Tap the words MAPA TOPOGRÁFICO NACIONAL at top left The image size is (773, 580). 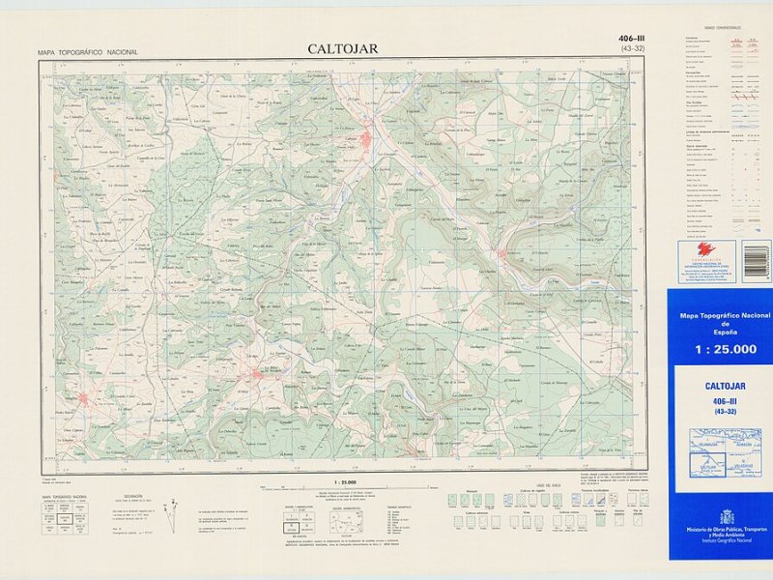[x=87, y=52]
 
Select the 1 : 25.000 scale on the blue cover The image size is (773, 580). [x=719, y=350]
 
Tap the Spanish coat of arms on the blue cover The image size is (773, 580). [x=727, y=516]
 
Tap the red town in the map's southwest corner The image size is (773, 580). [x=85, y=398]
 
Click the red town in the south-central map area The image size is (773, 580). [x=257, y=373]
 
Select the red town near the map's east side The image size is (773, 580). [x=502, y=255]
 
